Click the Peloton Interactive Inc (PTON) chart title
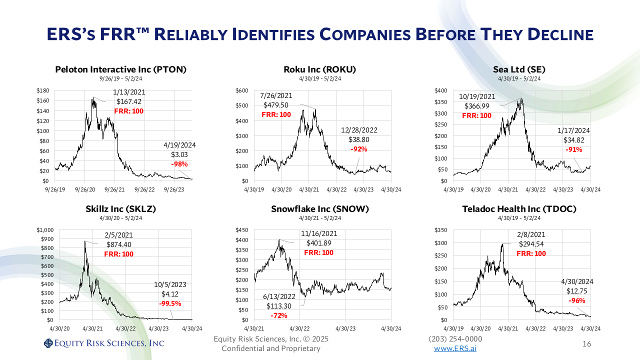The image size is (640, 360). click(x=120, y=69)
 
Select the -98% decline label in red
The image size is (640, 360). click(x=179, y=164)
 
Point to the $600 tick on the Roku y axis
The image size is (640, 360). click(x=242, y=90)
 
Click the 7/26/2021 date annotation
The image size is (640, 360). click(x=276, y=95)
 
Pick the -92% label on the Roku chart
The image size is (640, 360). click(x=359, y=149)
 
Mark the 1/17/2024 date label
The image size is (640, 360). click(x=573, y=130)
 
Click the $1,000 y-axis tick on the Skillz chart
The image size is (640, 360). click(x=45, y=230)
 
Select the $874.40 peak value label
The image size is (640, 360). click(x=119, y=244)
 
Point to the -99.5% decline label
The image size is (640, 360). click(x=170, y=303)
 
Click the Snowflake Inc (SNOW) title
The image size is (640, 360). click(x=320, y=209)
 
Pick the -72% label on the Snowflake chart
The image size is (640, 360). click(x=278, y=315)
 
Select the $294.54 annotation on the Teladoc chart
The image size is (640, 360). click(x=531, y=244)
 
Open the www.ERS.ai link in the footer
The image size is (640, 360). click(x=455, y=348)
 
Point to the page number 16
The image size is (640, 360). click(x=587, y=344)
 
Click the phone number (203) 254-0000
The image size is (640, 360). click(x=455, y=339)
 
